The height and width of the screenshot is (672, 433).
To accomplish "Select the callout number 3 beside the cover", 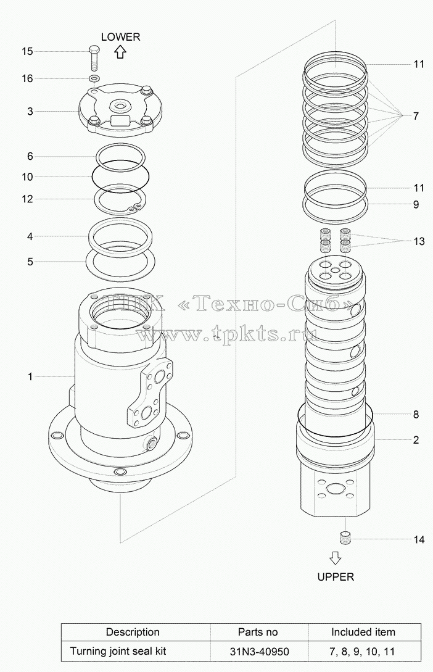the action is point(30,112).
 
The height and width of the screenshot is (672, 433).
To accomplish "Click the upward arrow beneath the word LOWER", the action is point(120,52).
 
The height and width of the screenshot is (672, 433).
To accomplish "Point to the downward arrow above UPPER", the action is point(336,558).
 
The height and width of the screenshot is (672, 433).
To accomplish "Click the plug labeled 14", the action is point(345,538).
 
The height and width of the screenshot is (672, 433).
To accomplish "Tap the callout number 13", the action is point(419,241).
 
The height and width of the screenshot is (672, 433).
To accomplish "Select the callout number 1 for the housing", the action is point(30,376).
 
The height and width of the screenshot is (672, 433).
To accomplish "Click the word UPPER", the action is point(336,577).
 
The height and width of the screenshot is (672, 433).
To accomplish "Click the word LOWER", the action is point(120,37).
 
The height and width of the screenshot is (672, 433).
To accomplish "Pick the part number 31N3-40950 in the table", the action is point(259,652).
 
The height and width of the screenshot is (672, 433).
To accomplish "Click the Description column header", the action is point(133,632).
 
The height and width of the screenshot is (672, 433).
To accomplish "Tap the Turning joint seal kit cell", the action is point(118,652).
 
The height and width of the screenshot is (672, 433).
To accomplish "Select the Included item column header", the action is point(363,632).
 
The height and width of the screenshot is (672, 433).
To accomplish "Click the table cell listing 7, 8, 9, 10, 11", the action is point(362,652).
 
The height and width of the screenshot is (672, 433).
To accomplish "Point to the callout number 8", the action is point(416,415).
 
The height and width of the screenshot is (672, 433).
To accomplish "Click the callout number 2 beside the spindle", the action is point(416,440).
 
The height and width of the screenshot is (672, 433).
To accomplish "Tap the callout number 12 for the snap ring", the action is point(27,199).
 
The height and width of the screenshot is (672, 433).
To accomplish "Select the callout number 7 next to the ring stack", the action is point(416,116).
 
